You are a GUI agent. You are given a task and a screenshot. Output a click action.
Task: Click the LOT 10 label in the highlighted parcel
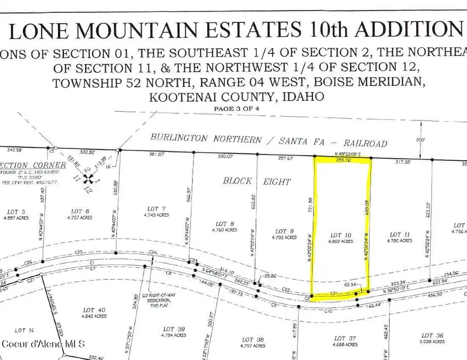tap(341, 236)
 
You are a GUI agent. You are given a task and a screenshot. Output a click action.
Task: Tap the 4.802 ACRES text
tap(341, 242)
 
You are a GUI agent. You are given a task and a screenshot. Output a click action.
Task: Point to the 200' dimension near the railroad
tap(420, 140)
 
